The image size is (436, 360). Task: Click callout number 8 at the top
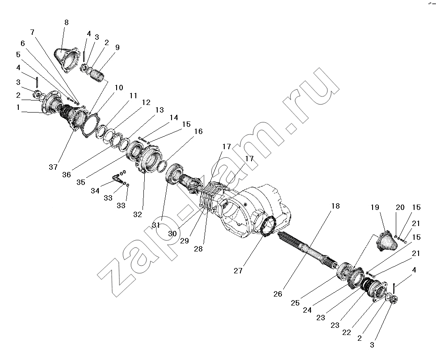point(66,22)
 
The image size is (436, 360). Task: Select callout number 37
point(53,167)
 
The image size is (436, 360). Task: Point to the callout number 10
point(119,88)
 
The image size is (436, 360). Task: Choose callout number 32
point(137,214)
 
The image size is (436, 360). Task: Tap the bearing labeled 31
point(174,173)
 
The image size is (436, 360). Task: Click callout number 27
point(238,271)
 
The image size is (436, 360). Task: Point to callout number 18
point(335,206)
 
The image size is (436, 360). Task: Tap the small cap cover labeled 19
point(387,241)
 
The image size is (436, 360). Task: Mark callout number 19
point(374,207)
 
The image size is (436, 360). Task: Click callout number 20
point(400,207)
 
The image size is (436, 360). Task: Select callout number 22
point(347,332)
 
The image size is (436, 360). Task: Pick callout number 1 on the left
point(18,107)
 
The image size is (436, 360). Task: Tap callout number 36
point(67,175)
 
